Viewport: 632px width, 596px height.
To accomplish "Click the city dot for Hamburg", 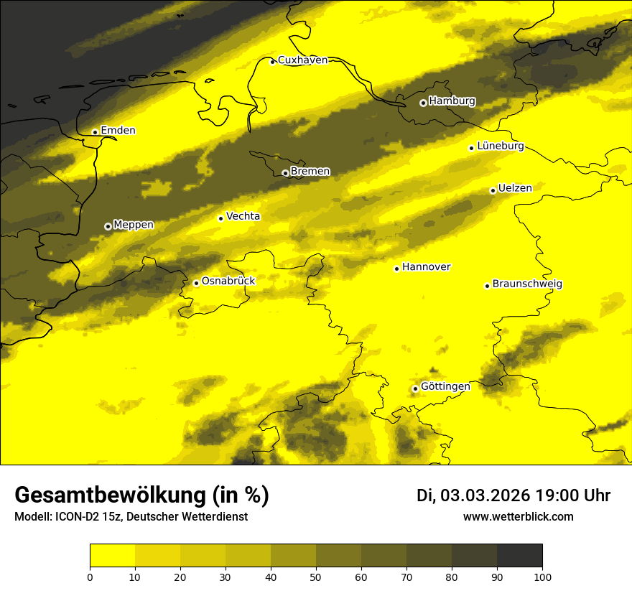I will [424, 103].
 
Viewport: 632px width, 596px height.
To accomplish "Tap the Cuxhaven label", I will [302, 60].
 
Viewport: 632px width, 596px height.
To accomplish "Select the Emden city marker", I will [95, 132].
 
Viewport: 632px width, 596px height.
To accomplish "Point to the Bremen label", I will [310, 172].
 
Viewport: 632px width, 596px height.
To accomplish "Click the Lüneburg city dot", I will [472, 148].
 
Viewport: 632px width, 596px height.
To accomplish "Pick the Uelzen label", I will [515, 188].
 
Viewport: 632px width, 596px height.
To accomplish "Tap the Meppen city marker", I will [108, 226].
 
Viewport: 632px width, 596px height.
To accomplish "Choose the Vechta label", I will [243, 216].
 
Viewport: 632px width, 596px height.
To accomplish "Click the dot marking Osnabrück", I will [196, 283].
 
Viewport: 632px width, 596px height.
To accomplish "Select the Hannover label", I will [426, 267].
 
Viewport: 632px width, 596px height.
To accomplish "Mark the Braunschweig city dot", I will [487, 286].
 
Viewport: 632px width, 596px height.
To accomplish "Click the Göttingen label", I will [445, 386].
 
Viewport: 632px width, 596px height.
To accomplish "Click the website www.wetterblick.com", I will [519, 516].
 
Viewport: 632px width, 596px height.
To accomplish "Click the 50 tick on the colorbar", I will [316, 576].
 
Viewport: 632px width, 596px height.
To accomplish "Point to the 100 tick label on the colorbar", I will [542, 576].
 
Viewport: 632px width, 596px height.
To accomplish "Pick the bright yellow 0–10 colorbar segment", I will [113, 556].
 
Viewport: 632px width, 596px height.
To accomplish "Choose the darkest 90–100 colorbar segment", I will [519, 556].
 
